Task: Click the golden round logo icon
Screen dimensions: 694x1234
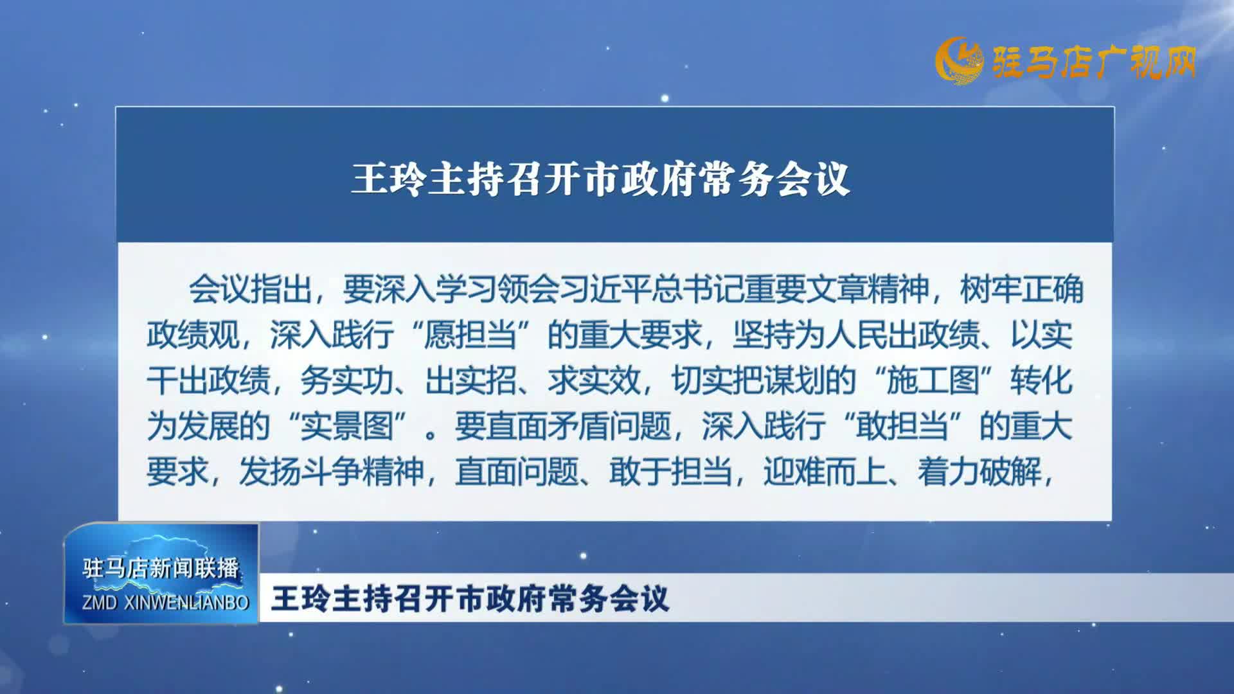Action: [959, 62]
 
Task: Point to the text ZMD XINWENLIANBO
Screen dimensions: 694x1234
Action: [165, 603]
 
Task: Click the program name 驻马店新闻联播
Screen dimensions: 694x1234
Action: [161, 568]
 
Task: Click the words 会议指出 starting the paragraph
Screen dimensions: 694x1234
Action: [251, 289]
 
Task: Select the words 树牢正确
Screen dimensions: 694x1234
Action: [1022, 289]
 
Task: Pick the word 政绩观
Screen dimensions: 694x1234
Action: [193, 335]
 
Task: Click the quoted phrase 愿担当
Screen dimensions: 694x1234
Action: [470, 335]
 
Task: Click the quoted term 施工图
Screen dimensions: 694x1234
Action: [933, 381]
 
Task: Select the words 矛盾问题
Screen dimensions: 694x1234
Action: [609, 427]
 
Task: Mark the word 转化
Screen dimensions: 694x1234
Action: [1041, 381]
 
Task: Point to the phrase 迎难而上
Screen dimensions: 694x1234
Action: [825, 472]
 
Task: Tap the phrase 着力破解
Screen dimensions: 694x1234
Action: [979, 472]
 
